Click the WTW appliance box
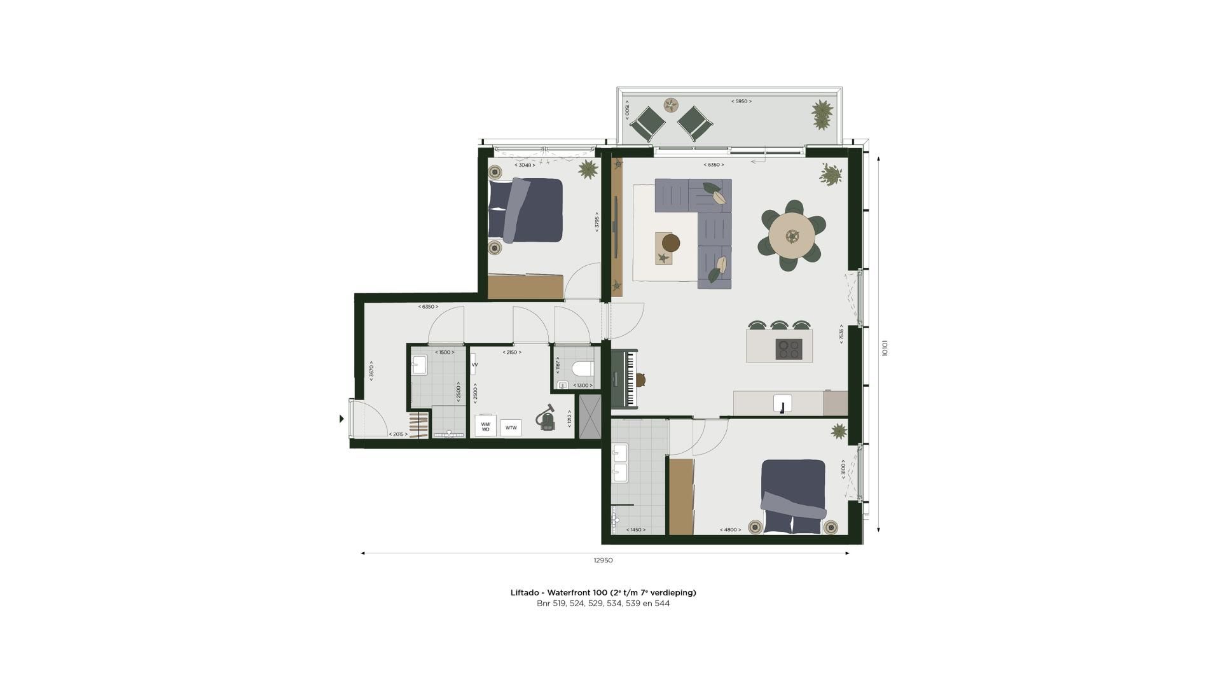[511, 427]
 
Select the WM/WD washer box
[486, 427]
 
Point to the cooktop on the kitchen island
[789, 349]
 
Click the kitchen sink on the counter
[782, 403]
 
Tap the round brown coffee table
[671, 243]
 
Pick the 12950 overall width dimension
[603, 560]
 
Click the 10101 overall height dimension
[885, 349]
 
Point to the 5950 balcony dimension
[741, 101]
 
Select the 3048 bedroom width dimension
[525, 165]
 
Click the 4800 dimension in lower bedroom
[730, 530]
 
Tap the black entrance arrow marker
[341, 419]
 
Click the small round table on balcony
[672, 105]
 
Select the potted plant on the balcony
[822, 114]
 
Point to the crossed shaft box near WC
[590, 417]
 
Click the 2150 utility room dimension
[511, 352]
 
